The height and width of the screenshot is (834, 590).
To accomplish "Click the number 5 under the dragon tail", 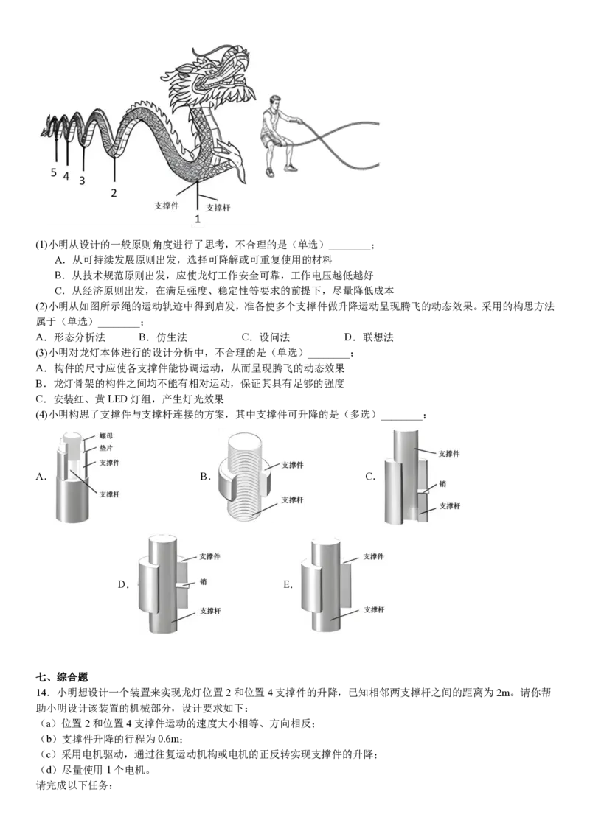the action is click(x=53, y=172).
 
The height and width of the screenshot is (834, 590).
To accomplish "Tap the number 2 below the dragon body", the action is click(x=114, y=193).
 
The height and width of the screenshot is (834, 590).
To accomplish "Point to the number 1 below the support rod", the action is click(x=198, y=219).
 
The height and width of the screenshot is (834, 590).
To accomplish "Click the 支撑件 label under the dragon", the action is click(x=167, y=206).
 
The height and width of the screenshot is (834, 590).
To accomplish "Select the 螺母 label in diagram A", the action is click(x=106, y=436).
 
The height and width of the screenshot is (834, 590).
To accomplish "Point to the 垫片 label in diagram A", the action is click(x=106, y=449).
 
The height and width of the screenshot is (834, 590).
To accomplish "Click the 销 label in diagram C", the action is click(x=442, y=484).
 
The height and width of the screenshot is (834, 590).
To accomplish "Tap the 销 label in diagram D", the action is click(x=203, y=582).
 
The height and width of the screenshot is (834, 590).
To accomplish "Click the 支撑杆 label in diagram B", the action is click(x=292, y=500).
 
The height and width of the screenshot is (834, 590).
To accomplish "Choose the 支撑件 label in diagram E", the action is click(x=373, y=556).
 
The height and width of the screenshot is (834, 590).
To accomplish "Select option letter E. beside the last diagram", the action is click(x=288, y=584).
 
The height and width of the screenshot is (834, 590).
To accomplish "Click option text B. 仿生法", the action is click(x=163, y=337).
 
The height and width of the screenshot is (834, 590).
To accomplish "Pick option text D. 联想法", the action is click(x=369, y=337).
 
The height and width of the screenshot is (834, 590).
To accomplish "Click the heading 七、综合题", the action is click(x=62, y=677).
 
